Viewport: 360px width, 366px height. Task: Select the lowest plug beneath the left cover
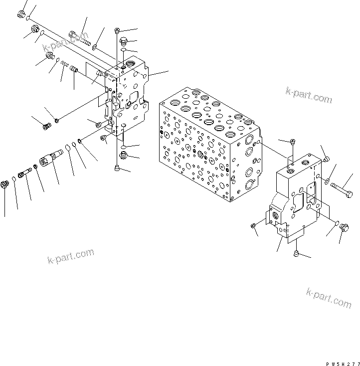point(118,168)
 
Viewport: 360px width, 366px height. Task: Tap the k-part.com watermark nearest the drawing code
point(329,298)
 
